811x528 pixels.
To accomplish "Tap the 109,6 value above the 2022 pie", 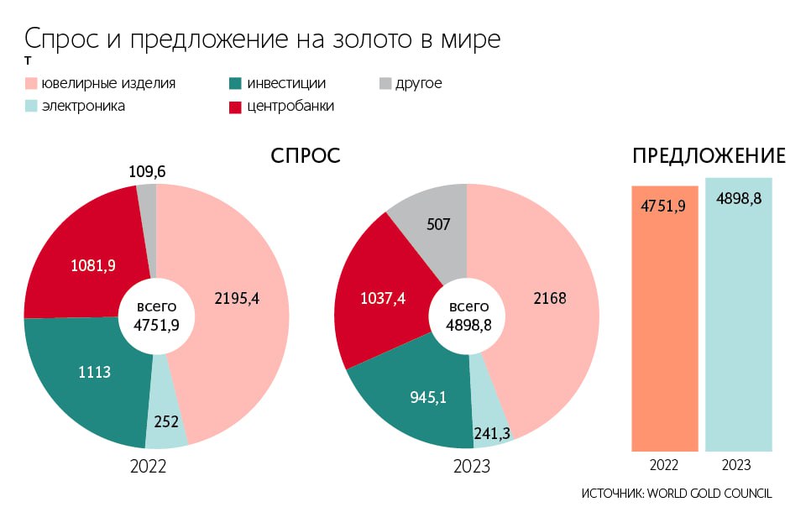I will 147,172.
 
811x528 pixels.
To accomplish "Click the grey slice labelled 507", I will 438,225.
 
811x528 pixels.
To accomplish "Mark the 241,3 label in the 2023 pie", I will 492,431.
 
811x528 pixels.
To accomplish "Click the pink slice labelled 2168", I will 550,298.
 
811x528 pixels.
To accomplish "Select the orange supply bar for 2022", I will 664,319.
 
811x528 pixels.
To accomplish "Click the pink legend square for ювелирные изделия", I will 31,84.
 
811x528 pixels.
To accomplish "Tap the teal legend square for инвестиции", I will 235,84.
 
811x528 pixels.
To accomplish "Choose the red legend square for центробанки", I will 235,107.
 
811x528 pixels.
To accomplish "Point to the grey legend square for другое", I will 385,84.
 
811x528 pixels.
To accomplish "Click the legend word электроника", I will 83,107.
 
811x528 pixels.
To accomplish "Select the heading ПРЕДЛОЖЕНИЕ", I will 709,157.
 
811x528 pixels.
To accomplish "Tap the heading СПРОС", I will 306,157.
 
